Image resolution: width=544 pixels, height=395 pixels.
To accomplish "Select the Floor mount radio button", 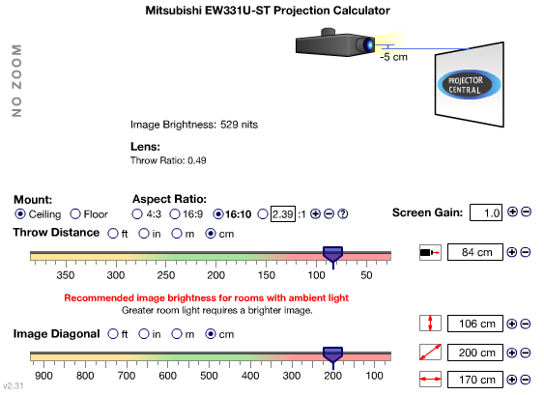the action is (75, 214).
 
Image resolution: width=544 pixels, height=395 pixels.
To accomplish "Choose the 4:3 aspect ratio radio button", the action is (137, 214).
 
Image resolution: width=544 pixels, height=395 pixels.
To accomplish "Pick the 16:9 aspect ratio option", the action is (175, 214).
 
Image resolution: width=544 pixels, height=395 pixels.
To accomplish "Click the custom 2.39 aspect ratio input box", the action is (283, 213).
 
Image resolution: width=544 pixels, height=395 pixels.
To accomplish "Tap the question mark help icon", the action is (342, 213).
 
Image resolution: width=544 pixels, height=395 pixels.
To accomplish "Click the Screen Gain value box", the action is (486, 212).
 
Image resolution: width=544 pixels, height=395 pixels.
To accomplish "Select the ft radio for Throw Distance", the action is (113, 234).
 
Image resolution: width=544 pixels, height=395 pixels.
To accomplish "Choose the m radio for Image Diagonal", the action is (177, 333).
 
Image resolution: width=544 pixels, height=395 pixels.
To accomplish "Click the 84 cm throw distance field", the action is (475, 252).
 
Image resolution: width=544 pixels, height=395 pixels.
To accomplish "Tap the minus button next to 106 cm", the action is (526, 324).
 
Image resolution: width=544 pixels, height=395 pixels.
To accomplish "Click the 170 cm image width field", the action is (475, 380).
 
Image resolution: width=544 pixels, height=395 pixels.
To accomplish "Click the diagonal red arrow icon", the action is (430, 353).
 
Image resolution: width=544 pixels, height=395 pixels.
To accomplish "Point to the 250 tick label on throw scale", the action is (166, 275).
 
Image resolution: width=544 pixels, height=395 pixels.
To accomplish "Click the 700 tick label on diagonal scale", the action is (127, 376).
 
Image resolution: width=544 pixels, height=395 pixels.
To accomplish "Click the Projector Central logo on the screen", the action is (469, 85).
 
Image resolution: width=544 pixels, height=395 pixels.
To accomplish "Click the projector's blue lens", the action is (368, 44).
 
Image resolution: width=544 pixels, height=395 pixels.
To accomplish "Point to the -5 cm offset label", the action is (394, 57).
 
